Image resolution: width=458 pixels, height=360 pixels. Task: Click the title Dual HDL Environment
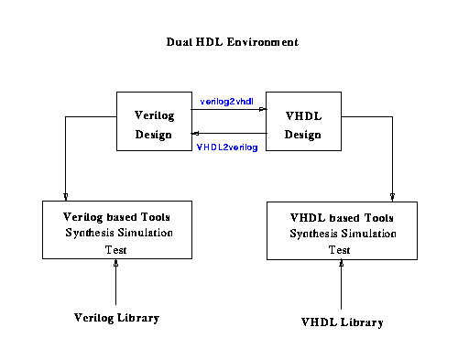(232, 43)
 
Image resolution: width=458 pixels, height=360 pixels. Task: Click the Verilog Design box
(153, 121)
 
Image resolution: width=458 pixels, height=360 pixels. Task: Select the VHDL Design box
(302, 121)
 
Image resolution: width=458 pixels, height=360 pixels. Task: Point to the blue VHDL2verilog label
(226, 147)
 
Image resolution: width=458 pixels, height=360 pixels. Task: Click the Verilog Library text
(116, 318)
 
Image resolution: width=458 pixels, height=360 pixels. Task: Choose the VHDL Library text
(342, 322)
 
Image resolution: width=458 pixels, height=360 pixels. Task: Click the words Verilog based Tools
(116, 217)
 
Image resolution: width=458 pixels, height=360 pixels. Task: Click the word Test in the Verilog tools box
(115, 248)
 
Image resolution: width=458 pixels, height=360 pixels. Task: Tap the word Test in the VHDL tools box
(340, 249)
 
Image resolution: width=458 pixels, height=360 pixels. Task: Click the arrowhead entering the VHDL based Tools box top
(393, 196)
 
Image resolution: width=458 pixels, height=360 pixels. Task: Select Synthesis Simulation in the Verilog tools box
(116, 233)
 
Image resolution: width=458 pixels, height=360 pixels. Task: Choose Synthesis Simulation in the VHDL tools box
(341, 235)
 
